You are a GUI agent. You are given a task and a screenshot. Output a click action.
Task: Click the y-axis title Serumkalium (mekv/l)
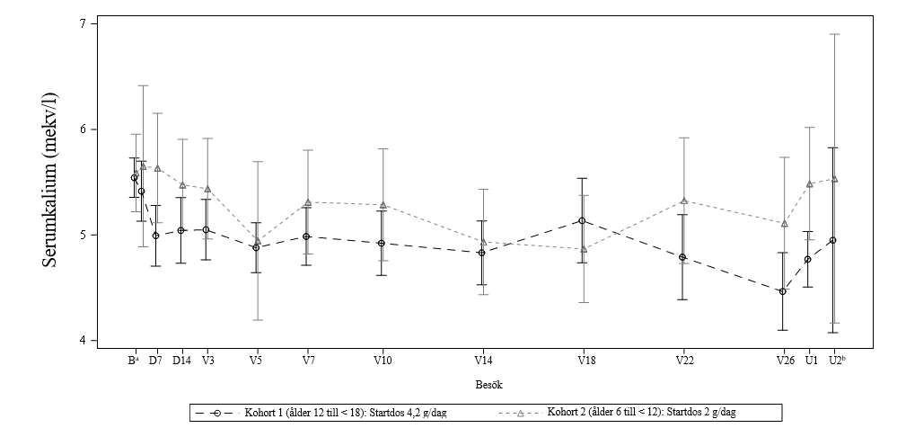50,182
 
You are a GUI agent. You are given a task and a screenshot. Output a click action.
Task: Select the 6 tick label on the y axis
83,129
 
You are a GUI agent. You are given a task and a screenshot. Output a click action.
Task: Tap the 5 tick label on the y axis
83,235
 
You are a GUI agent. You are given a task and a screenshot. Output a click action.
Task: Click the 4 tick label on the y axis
83,341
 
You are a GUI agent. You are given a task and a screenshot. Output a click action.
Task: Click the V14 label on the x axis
483,361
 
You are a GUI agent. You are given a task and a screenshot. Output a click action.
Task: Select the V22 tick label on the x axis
685,361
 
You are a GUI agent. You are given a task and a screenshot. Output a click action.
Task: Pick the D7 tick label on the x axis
155,361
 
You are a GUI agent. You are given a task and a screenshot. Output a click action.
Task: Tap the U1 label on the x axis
811,361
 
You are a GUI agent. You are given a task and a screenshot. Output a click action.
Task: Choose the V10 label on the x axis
383,361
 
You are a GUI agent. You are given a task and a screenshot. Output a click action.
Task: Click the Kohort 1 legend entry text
346,413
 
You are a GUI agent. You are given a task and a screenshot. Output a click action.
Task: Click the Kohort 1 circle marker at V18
583,220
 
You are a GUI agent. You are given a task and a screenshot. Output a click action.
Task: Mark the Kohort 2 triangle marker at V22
684,201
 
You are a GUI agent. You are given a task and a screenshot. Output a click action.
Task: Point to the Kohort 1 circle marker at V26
782,291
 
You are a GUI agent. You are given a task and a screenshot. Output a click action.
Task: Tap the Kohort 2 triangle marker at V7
308,202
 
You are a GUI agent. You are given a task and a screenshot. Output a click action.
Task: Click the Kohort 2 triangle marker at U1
810,184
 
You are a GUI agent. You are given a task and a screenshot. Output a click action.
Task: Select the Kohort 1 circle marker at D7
155,236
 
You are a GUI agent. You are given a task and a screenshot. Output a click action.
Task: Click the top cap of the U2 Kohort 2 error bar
834,34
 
